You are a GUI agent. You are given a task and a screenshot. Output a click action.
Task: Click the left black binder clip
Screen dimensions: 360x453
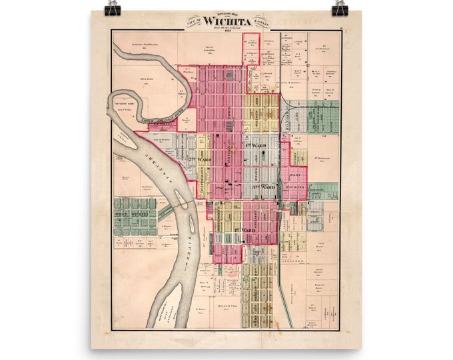111,8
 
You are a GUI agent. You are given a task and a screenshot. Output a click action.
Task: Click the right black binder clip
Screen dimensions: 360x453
340,8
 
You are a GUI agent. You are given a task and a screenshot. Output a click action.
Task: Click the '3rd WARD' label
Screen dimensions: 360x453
264,188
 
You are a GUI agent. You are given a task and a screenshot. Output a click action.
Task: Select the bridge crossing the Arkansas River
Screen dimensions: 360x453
165,213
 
